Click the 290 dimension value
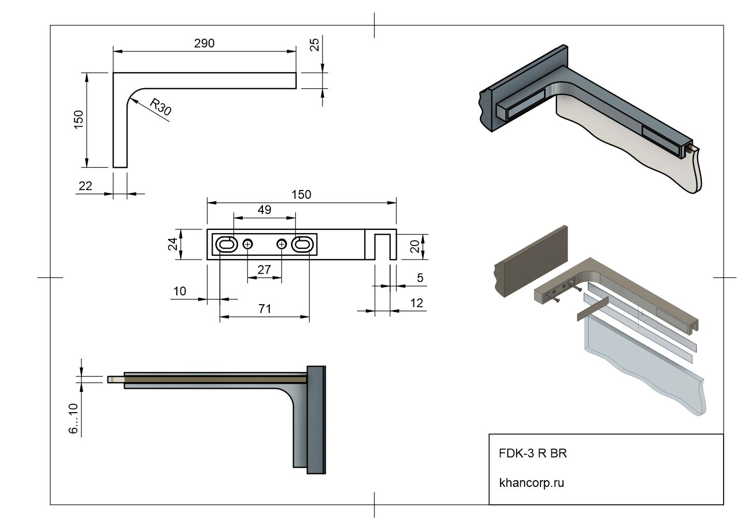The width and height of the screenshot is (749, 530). pyautogui.click(x=204, y=43)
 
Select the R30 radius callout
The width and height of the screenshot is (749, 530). pyautogui.click(x=160, y=106)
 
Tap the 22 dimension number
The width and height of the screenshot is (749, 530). pyautogui.click(x=85, y=185)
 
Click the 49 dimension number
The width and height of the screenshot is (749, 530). pyautogui.click(x=264, y=210)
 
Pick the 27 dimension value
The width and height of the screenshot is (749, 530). pyautogui.click(x=264, y=269)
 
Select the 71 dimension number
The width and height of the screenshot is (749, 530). pyautogui.click(x=265, y=309)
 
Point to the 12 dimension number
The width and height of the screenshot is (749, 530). pyautogui.click(x=417, y=303)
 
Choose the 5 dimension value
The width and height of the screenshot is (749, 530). pyautogui.click(x=420, y=278)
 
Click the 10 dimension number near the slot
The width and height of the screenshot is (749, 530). pyautogui.click(x=179, y=291)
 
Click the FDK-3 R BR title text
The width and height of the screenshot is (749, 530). pyautogui.click(x=533, y=453)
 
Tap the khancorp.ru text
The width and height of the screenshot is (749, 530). pyautogui.click(x=531, y=483)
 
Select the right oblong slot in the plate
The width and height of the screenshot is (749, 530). pyautogui.click(x=302, y=244)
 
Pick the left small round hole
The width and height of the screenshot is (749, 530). pyautogui.click(x=248, y=244)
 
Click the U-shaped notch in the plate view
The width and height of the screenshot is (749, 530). pyautogui.click(x=382, y=247)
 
